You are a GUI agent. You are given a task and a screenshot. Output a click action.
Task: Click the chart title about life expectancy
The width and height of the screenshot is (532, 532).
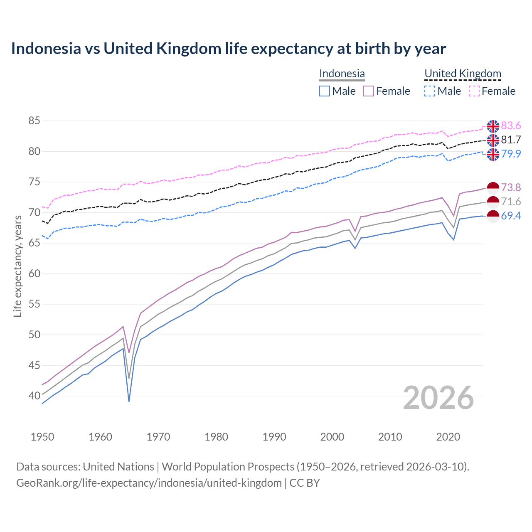(228, 49)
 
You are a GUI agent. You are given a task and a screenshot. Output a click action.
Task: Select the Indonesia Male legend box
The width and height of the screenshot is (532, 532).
(325, 91)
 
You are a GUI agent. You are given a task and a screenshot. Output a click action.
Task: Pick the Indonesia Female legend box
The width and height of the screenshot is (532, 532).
(369, 91)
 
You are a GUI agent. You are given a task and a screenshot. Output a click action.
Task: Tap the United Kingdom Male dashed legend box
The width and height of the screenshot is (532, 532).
(430, 91)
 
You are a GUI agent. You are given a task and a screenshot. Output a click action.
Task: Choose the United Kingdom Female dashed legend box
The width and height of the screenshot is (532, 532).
(474, 91)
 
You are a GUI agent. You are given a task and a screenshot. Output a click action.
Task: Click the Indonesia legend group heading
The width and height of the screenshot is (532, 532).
(342, 74)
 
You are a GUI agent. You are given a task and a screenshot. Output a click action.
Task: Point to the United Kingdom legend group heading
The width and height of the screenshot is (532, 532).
(463, 74)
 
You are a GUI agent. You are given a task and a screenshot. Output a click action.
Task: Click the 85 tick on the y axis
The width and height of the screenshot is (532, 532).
(34, 121)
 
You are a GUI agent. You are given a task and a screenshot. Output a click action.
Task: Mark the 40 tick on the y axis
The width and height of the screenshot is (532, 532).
(34, 396)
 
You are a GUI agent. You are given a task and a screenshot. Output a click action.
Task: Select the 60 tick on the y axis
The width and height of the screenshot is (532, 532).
(34, 273)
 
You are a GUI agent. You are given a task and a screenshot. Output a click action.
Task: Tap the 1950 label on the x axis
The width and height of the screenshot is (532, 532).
(42, 437)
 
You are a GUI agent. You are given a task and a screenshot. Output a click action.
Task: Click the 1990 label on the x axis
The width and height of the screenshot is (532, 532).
(274, 437)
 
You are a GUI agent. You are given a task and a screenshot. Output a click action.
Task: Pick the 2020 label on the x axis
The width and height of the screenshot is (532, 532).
(448, 437)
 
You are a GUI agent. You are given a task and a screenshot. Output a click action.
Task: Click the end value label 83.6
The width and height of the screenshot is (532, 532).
(511, 126)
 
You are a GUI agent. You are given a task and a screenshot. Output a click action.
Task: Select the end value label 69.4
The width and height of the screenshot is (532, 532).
(511, 216)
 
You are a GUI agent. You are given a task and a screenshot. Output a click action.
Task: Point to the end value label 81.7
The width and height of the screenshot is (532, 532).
(511, 140)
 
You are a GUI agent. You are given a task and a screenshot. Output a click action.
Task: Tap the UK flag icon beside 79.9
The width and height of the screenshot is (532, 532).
(493, 154)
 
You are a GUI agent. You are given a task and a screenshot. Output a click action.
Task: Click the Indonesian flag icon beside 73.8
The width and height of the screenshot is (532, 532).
(493, 188)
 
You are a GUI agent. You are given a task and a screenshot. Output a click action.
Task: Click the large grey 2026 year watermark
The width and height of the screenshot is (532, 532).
(438, 398)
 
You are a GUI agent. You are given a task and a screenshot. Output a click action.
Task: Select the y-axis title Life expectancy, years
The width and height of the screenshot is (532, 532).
(18, 266)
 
